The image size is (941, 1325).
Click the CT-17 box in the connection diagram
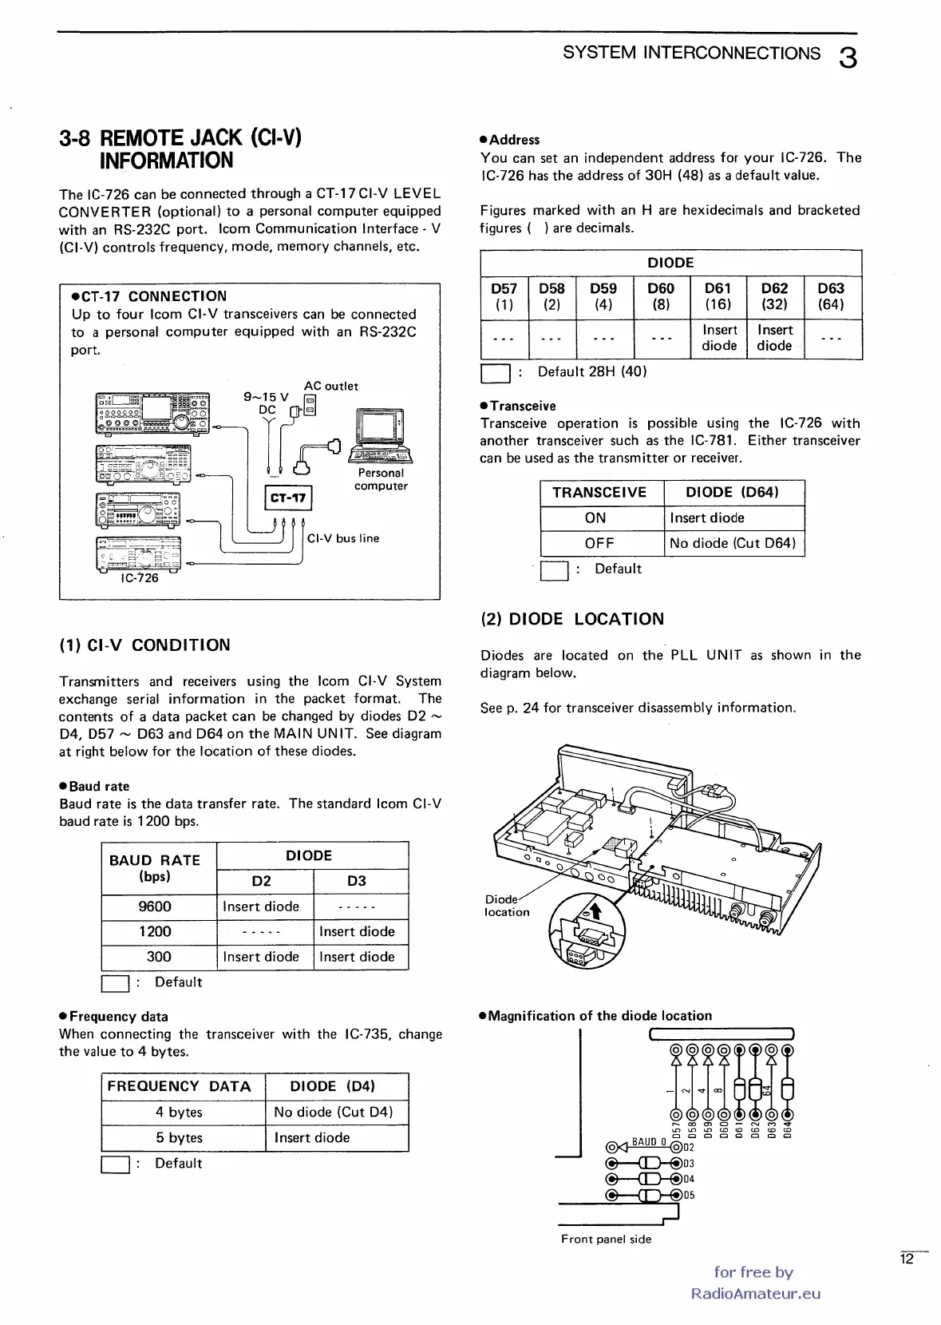coord(288,498)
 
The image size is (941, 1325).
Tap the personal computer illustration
coord(381,436)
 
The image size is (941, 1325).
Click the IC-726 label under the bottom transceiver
coord(140,578)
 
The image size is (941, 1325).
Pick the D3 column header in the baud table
coord(357,881)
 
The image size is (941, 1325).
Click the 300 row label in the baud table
coord(159,957)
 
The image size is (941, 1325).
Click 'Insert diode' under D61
coord(719,338)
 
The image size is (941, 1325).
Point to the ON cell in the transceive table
coord(595,518)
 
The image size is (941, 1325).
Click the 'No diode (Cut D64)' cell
coord(733,543)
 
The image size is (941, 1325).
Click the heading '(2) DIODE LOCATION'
coord(572,619)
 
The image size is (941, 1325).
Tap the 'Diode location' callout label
coord(506,906)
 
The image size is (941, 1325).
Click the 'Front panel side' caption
coord(606,1240)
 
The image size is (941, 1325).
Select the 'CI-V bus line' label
coord(343,538)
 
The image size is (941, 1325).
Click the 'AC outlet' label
coord(331,387)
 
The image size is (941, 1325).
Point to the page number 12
coord(907,1260)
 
